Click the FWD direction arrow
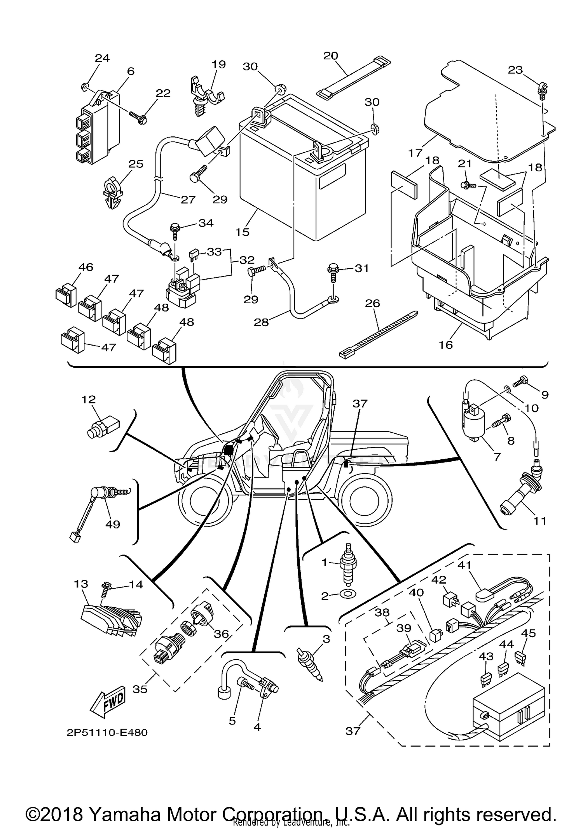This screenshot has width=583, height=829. point(108,703)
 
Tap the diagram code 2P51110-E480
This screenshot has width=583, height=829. point(107,733)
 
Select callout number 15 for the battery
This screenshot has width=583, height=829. point(242,232)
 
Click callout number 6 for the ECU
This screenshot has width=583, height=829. point(131,71)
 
